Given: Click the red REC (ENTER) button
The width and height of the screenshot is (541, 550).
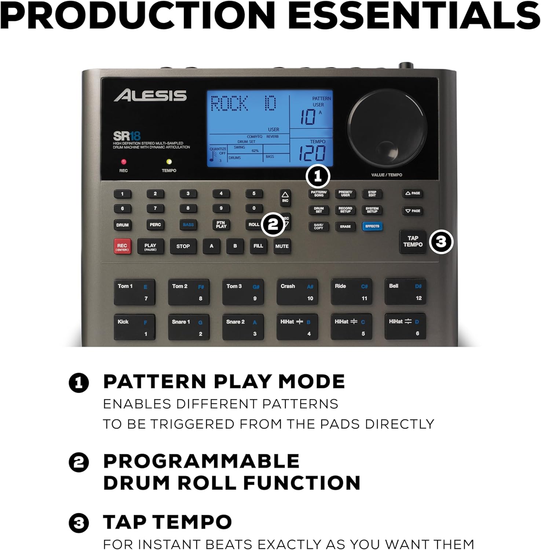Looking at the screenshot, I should [122, 247].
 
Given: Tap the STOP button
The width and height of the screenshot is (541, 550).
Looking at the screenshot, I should [183, 246].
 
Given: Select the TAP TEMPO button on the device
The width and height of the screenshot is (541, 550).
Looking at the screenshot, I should [413, 242].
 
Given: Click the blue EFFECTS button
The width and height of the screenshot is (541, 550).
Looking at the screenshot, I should [372, 226].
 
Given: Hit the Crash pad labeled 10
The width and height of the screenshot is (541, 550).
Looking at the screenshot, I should [297, 292].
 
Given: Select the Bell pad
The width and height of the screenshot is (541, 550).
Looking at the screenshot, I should [405, 291].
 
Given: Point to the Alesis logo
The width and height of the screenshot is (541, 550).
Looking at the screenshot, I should [150, 96].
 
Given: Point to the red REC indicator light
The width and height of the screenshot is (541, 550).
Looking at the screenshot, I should [124, 162].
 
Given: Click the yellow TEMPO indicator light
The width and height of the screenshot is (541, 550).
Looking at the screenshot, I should [169, 162].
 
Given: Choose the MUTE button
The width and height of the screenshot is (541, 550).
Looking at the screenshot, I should [282, 246].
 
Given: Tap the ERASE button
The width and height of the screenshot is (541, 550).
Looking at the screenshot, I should [345, 227].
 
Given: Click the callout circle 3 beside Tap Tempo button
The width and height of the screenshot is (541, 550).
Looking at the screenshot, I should [441, 242].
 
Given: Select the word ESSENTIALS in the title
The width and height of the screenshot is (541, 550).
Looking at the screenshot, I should [410, 15].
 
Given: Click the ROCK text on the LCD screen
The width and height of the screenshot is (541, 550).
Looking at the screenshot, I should [230, 104].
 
